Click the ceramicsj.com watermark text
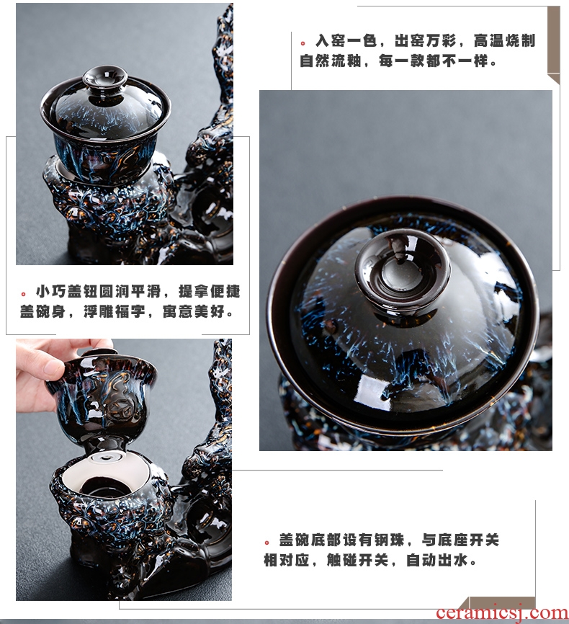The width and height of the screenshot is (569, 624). click(x=502, y=613)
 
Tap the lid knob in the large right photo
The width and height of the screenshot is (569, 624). click(x=403, y=269)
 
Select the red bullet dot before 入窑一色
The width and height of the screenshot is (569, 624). click(x=303, y=43)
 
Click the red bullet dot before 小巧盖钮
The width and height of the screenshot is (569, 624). click(x=24, y=294)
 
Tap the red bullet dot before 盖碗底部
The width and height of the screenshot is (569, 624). click(x=267, y=543)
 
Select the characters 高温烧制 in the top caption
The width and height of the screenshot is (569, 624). click(x=504, y=40)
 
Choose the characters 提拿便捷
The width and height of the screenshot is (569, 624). click(x=210, y=291)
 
